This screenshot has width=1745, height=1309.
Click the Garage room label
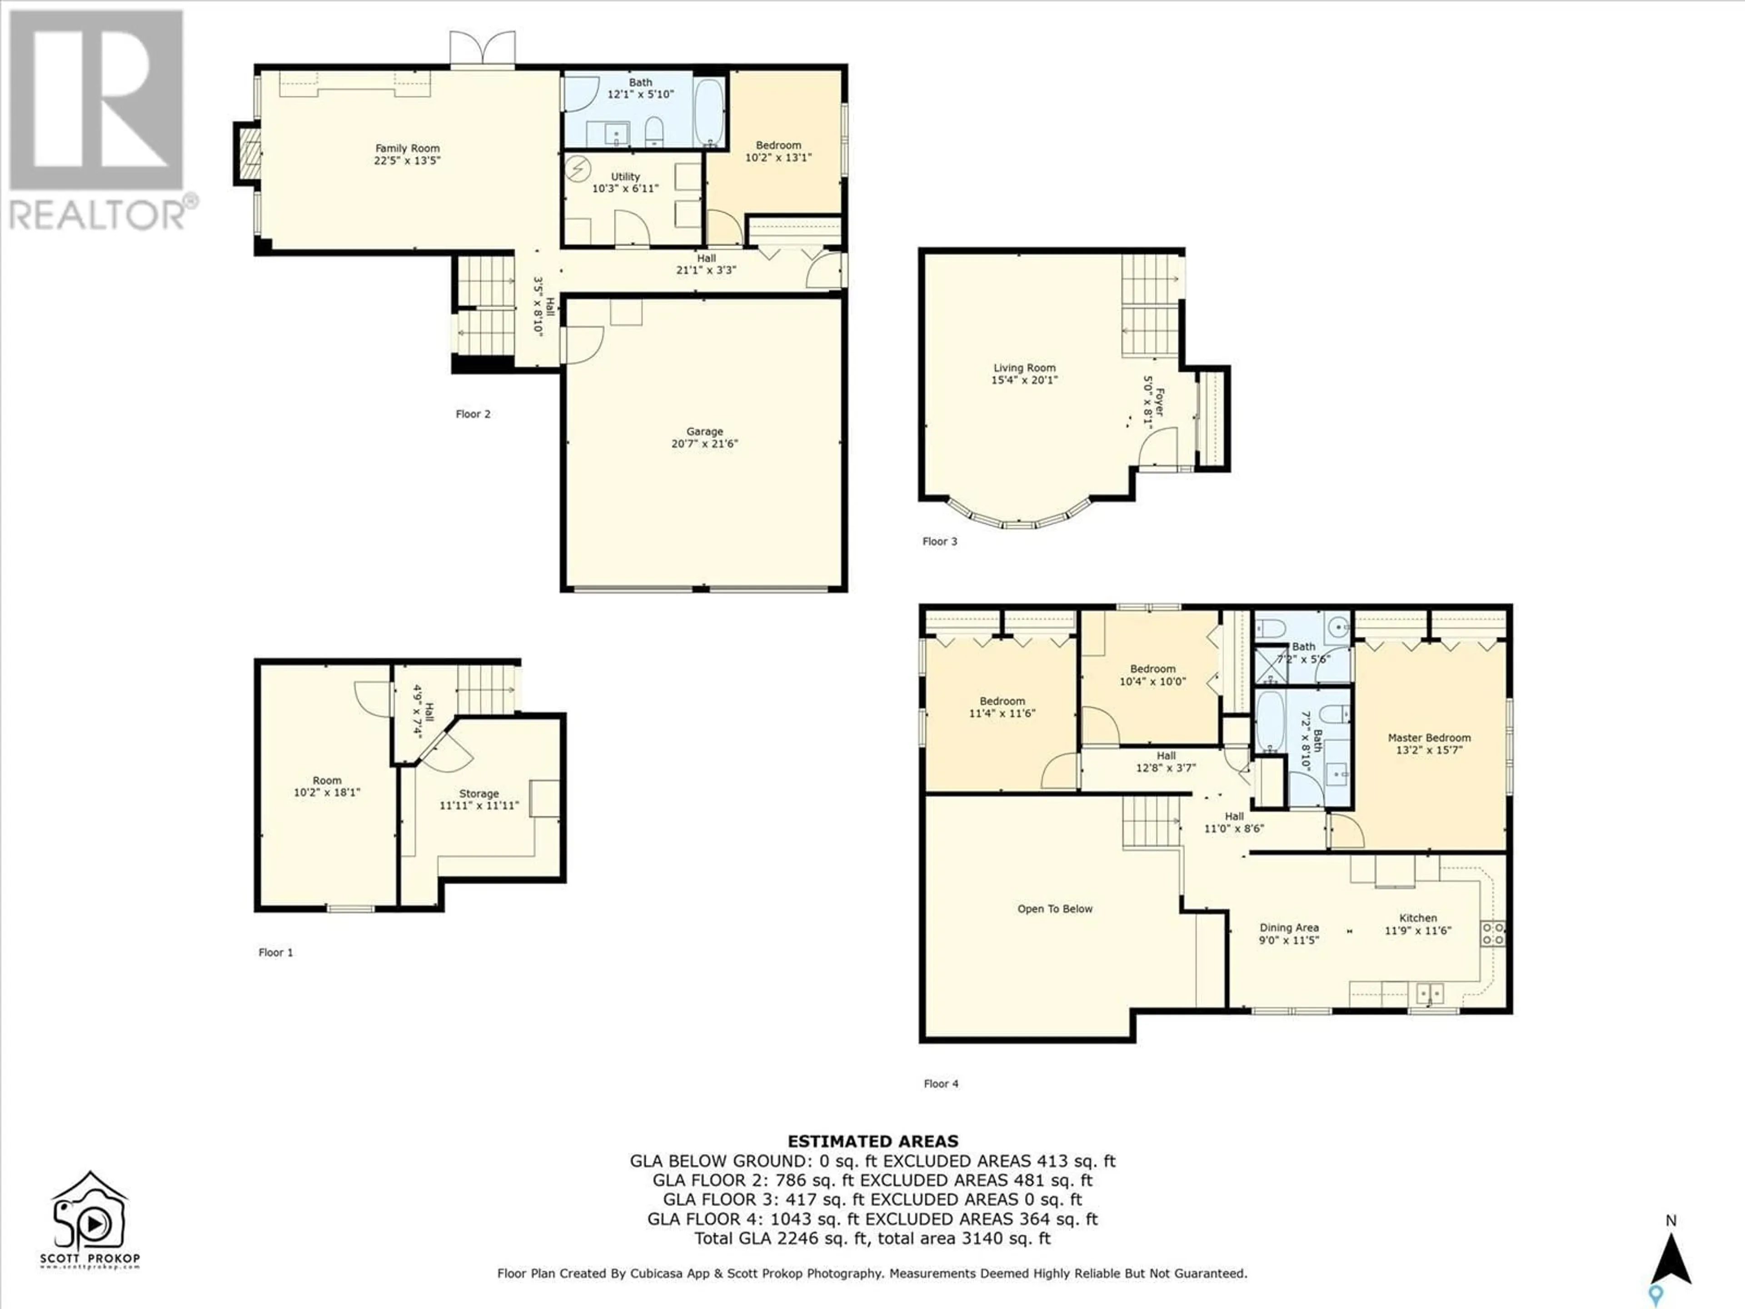point(704,438)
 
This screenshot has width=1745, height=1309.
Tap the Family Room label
point(407,155)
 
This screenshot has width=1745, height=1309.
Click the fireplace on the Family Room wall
point(250,154)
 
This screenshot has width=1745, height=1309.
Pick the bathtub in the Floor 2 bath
point(709,112)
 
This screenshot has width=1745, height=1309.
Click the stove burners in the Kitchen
point(1492,934)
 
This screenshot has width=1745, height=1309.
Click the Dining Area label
point(1289,934)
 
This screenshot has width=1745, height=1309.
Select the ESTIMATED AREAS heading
point(872,1141)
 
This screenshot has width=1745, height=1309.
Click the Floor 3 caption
point(940,541)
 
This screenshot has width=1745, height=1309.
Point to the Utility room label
point(626,182)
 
